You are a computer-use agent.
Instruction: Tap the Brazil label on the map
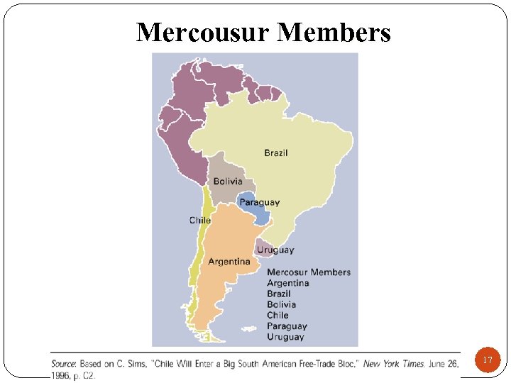tap(276, 152)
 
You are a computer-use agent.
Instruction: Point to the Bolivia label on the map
tap(228, 182)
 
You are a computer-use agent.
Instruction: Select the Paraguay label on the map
tap(259, 202)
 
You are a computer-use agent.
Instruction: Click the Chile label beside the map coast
tap(200, 220)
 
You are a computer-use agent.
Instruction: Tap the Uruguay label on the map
tap(275, 250)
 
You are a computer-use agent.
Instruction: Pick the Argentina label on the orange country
tap(229, 262)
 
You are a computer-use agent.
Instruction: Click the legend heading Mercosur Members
tap(309, 272)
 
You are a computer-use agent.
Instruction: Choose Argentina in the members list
tap(288, 283)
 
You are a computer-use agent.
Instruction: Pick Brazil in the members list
tap(279, 294)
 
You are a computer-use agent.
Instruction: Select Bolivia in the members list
tap(282, 304)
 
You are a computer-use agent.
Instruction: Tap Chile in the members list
tap(278, 315)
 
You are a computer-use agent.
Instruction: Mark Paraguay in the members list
tap(287, 326)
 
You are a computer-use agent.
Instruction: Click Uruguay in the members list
tap(285, 337)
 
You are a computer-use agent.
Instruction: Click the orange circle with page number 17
tap(488, 360)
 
